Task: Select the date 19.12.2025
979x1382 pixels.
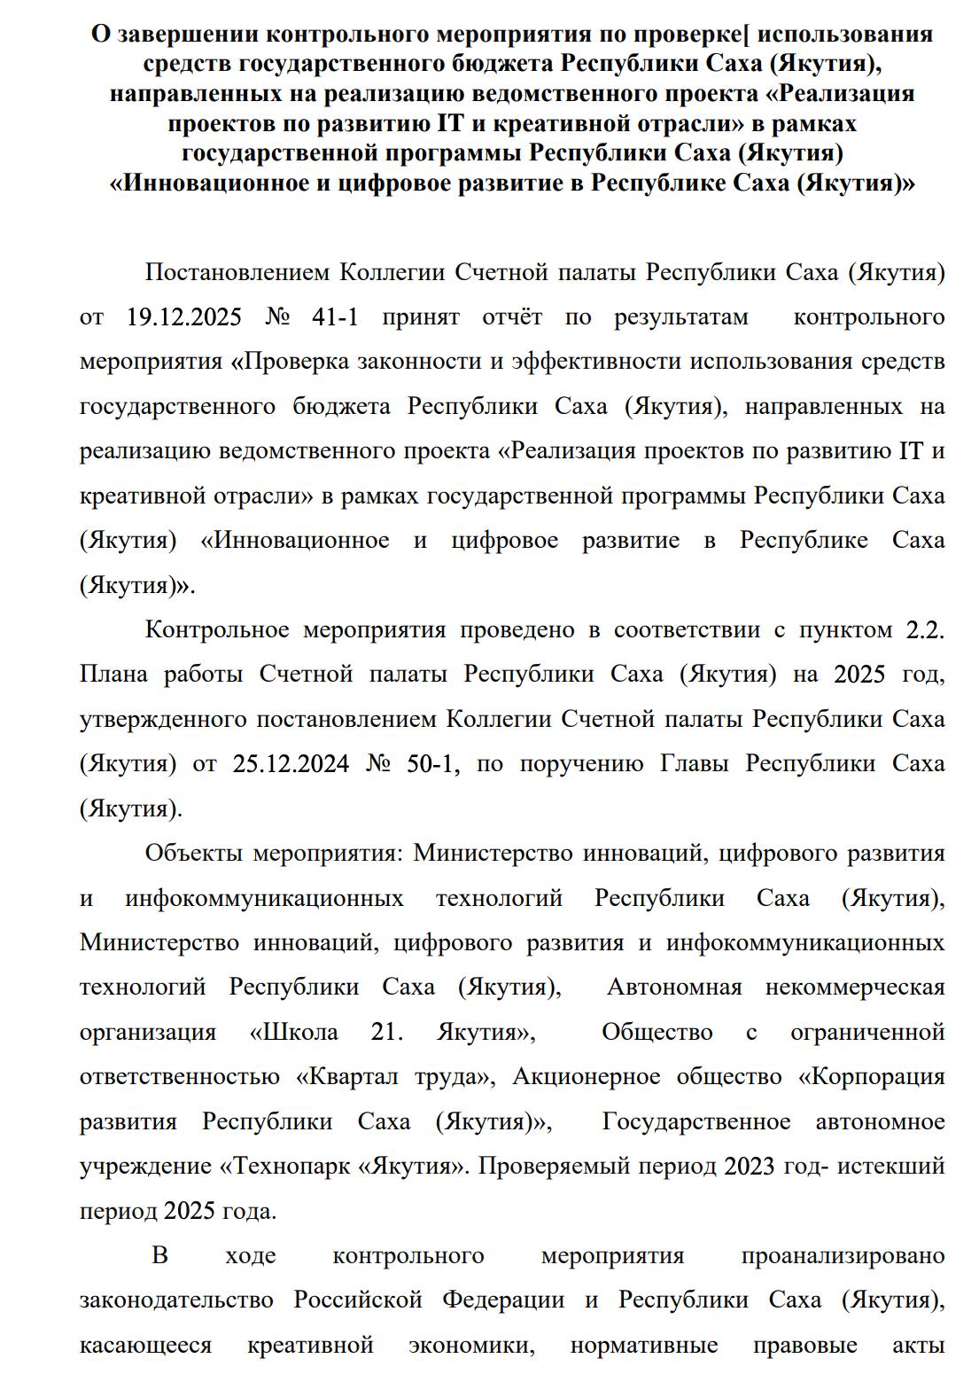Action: click(184, 317)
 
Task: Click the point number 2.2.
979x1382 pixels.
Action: click(925, 630)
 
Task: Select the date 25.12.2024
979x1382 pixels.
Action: click(291, 764)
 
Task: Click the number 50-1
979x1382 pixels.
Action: click(432, 764)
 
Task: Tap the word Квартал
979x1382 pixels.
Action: click(351, 1077)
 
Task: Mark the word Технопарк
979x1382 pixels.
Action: click(290, 1167)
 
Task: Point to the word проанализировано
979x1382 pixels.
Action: click(843, 1256)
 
